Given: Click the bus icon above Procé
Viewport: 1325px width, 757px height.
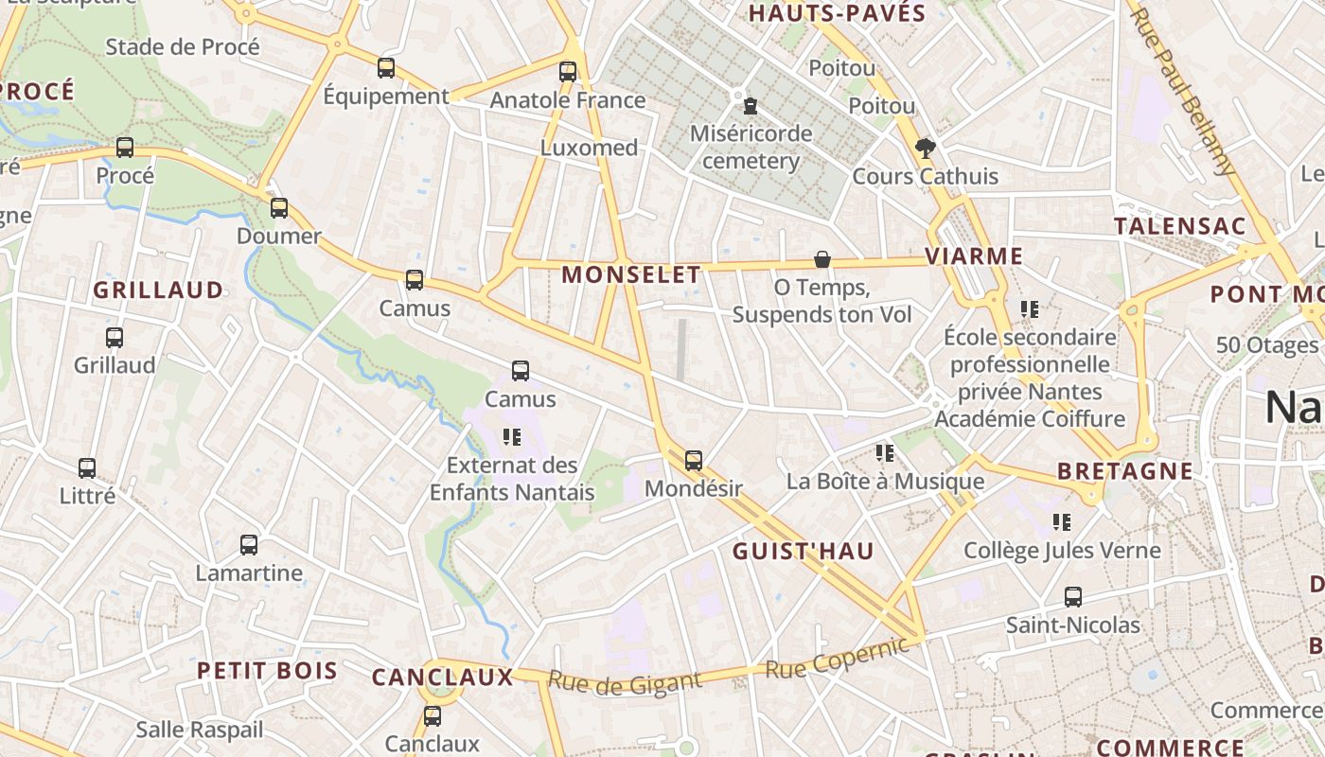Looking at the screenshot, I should pos(125,148).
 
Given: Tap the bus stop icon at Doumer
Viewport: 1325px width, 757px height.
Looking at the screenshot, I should pos(279,208).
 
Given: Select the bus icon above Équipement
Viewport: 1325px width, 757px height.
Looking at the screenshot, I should pos(386,68).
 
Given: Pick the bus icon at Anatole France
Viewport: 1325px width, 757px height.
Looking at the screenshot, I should pos(568,72).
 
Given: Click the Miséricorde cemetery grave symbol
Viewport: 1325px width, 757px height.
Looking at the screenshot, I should pos(751,104).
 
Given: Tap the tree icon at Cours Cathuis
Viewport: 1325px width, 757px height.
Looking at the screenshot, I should pos(925,148).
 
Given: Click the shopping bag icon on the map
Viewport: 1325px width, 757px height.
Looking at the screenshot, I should pos(822,259).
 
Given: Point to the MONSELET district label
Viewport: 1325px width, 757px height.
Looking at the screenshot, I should pos(631,275).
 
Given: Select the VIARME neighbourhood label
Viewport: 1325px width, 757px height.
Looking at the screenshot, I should pos(974,255).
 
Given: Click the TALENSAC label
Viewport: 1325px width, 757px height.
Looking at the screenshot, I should pos(1179,226).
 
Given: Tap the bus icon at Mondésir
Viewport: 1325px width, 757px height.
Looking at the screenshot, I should pos(694,461).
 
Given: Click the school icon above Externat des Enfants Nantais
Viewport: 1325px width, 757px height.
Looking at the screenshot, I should pos(512,436).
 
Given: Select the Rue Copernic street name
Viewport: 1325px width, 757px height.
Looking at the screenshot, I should pos(837,658).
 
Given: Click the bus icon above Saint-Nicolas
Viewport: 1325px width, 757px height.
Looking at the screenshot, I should pos(1072,597).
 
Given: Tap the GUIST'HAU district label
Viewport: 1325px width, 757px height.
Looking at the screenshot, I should pos(804,551).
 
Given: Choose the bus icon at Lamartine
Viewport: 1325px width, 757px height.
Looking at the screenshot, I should pos(249,545).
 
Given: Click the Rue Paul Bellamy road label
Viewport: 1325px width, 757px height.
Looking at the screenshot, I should pos(1183,90).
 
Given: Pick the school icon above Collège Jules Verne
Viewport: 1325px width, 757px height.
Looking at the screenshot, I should pos(1062,521).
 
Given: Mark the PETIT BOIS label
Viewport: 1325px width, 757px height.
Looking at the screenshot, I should pos(267,671).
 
